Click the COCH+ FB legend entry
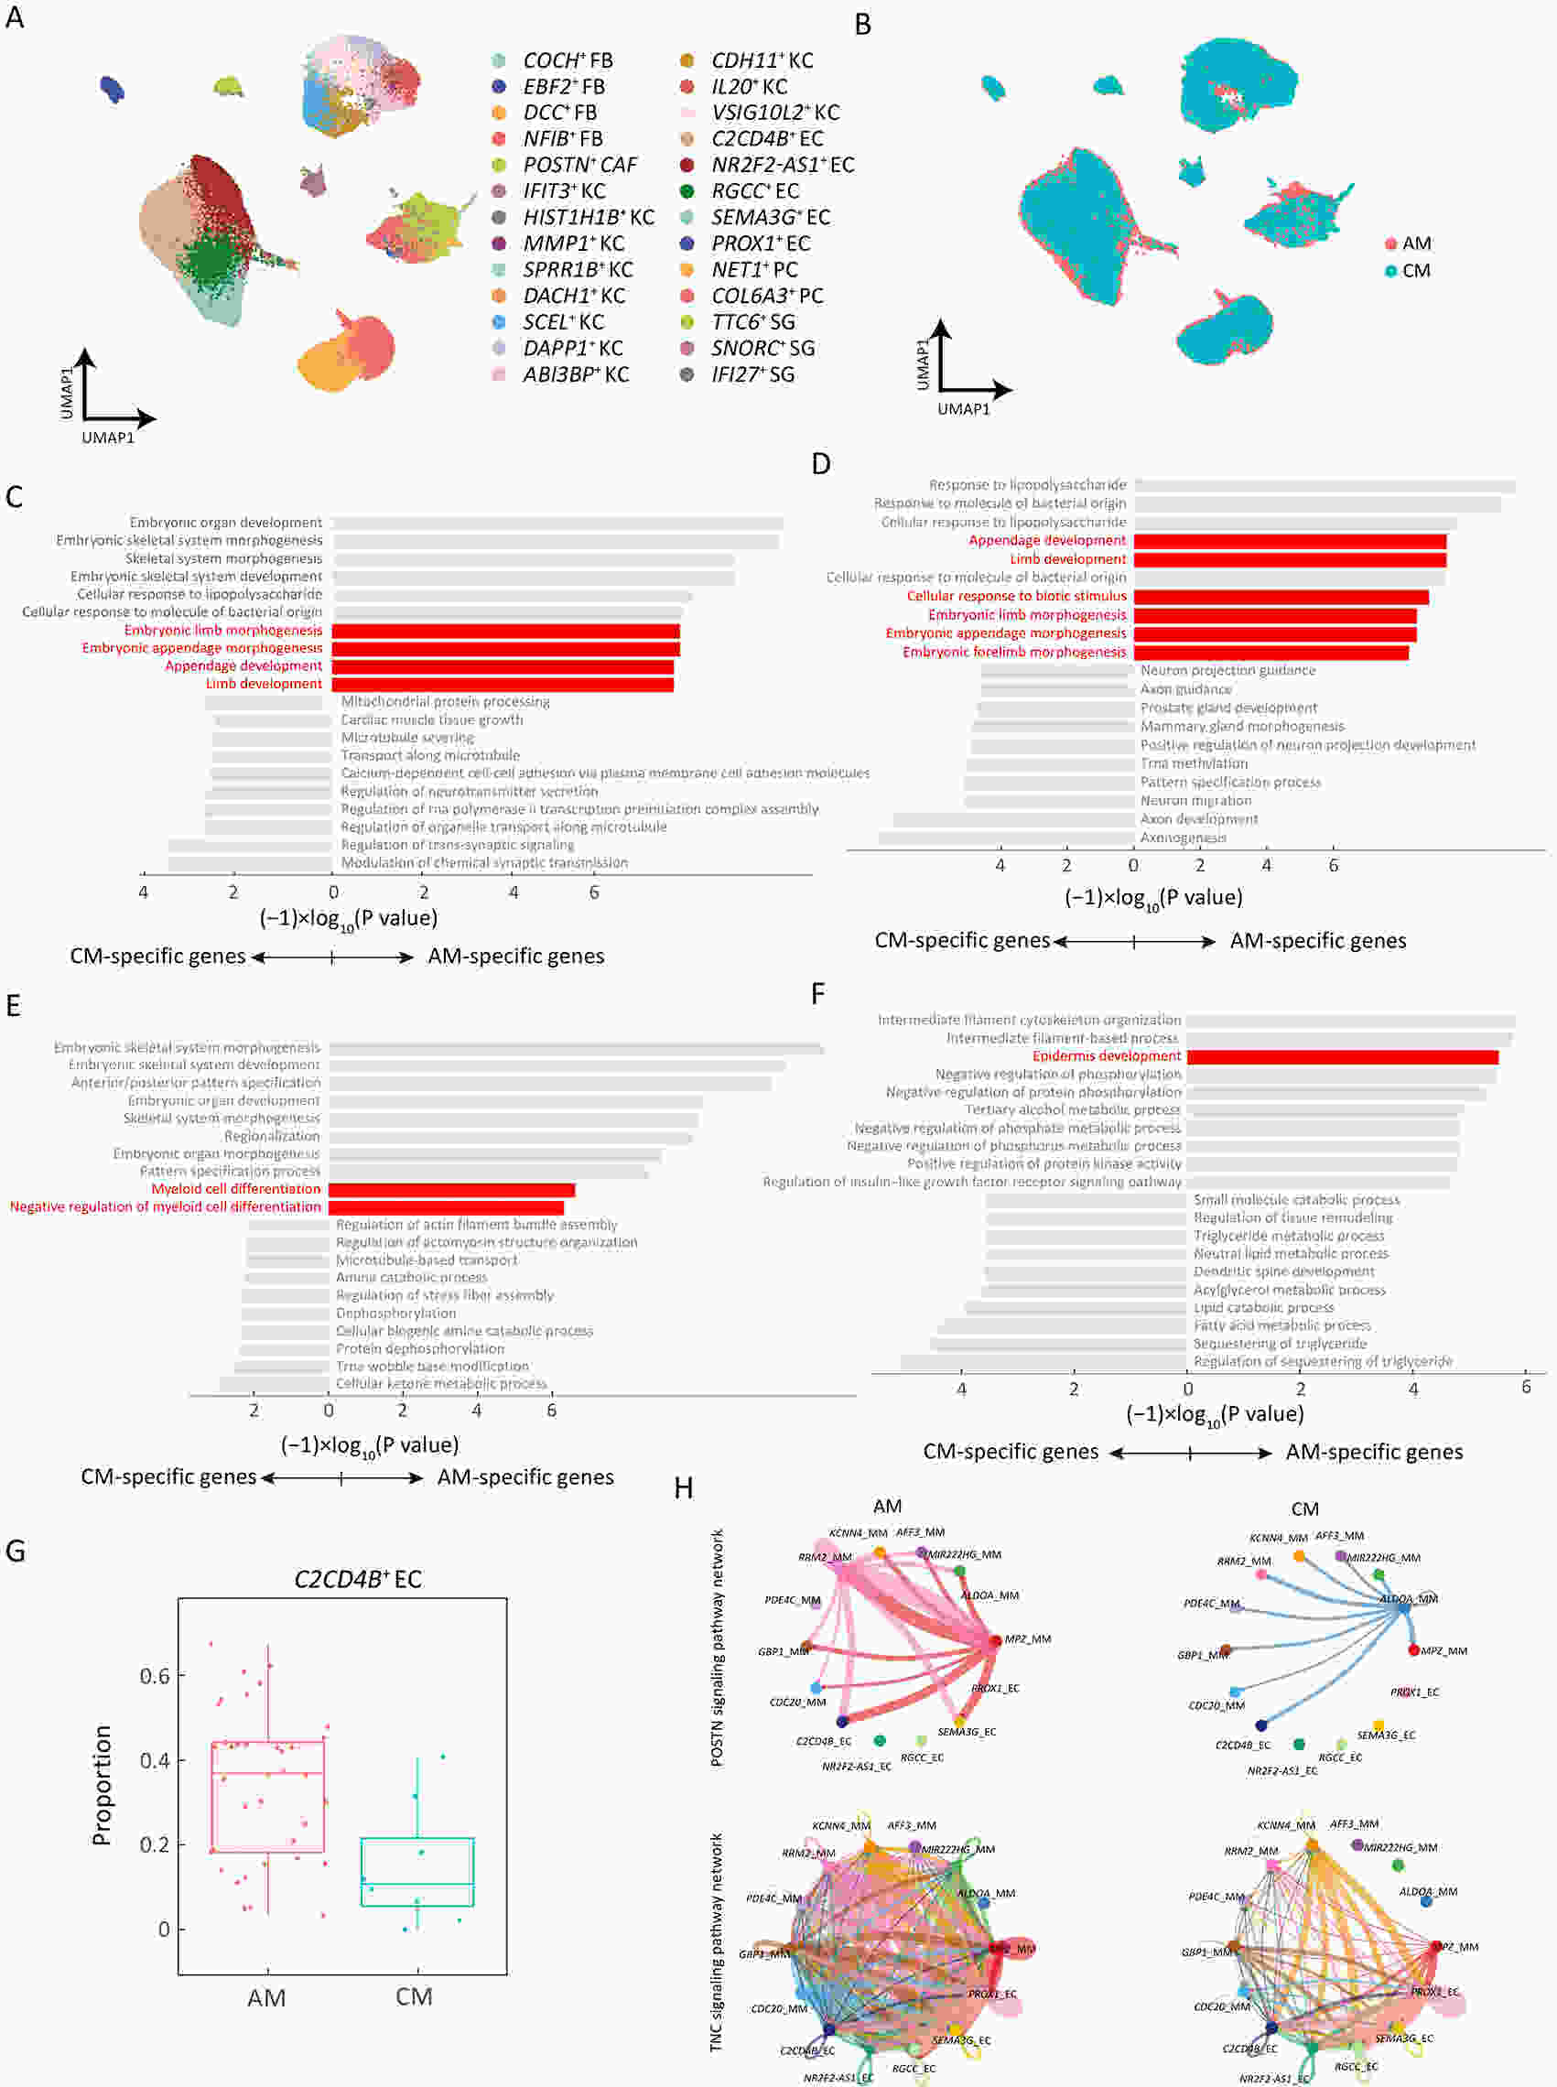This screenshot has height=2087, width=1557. (x=567, y=60)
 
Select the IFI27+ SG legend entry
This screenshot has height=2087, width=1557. (x=751, y=374)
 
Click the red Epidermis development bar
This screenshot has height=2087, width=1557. (x=1342, y=1056)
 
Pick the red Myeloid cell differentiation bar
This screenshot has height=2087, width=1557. (x=451, y=1190)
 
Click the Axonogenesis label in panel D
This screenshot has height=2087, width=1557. (x=1183, y=837)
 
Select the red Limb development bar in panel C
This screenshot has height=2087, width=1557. (x=503, y=684)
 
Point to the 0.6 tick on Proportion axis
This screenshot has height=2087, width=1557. (x=155, y=1675)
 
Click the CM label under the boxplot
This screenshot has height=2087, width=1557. (x=414, y=1995)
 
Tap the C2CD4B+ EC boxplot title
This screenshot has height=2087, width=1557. (x=358, y=1578)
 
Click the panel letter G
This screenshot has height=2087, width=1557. (x=15, y=1551)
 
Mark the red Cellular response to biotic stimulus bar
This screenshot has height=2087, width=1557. (x=1281, y=596)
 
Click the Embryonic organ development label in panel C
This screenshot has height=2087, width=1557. (x=225, y=523)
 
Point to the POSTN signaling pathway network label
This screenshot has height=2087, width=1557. (x=718, y=1647)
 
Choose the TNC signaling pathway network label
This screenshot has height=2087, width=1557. (x=718, y=1941)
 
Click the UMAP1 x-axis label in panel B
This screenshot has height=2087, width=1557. (x=963, y=409)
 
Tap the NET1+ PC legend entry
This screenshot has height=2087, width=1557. (x=753, y=270)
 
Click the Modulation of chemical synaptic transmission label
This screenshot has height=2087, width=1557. (x=483, y=862)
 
